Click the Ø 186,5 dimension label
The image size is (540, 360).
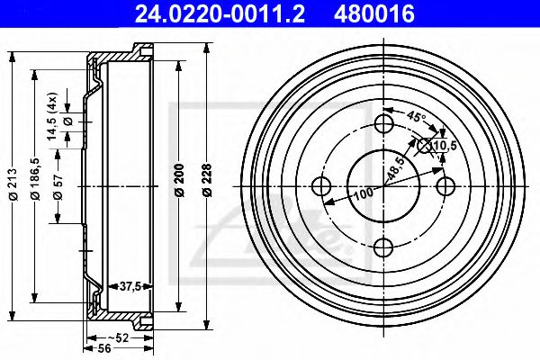[x=35, y=177]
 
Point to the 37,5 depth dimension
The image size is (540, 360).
[x=130, y=286]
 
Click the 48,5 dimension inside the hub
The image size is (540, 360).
[x=393, y=168]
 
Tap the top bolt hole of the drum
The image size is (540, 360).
[x=383, y=124]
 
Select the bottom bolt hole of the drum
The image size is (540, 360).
[x=383, y=248]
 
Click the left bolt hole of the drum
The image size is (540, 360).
[x=321, y=186]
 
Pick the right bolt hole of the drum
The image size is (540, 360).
[x=445, y=186]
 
